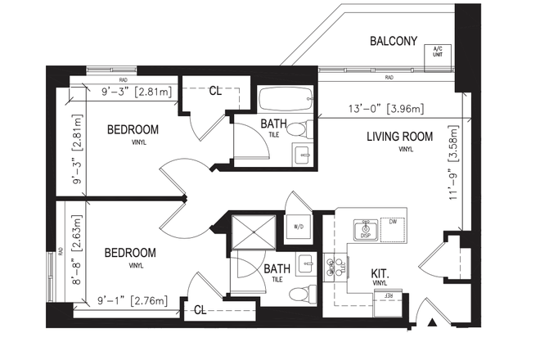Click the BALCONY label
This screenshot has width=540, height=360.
pyautogui.click(x=394, y=41)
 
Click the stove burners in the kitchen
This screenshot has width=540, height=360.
pyautogui.click(x=335, y=267)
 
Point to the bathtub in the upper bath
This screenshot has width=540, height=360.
pyautogui.click(x=283, y=102)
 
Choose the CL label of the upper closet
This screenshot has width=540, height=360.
pyautogui.click(x=215, y=92)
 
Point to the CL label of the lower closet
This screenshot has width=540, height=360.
pyautogui.click(x=201, y=310)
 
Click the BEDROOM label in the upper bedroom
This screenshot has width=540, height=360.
pyautogui.click(x=133, y=129)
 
